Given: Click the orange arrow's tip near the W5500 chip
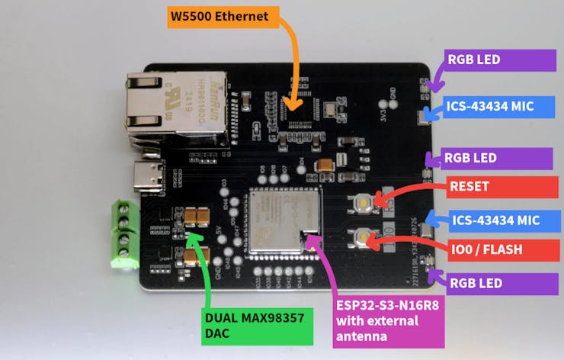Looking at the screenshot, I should click(x=291, y=104).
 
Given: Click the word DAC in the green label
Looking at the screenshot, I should click(x=218, y=333).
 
